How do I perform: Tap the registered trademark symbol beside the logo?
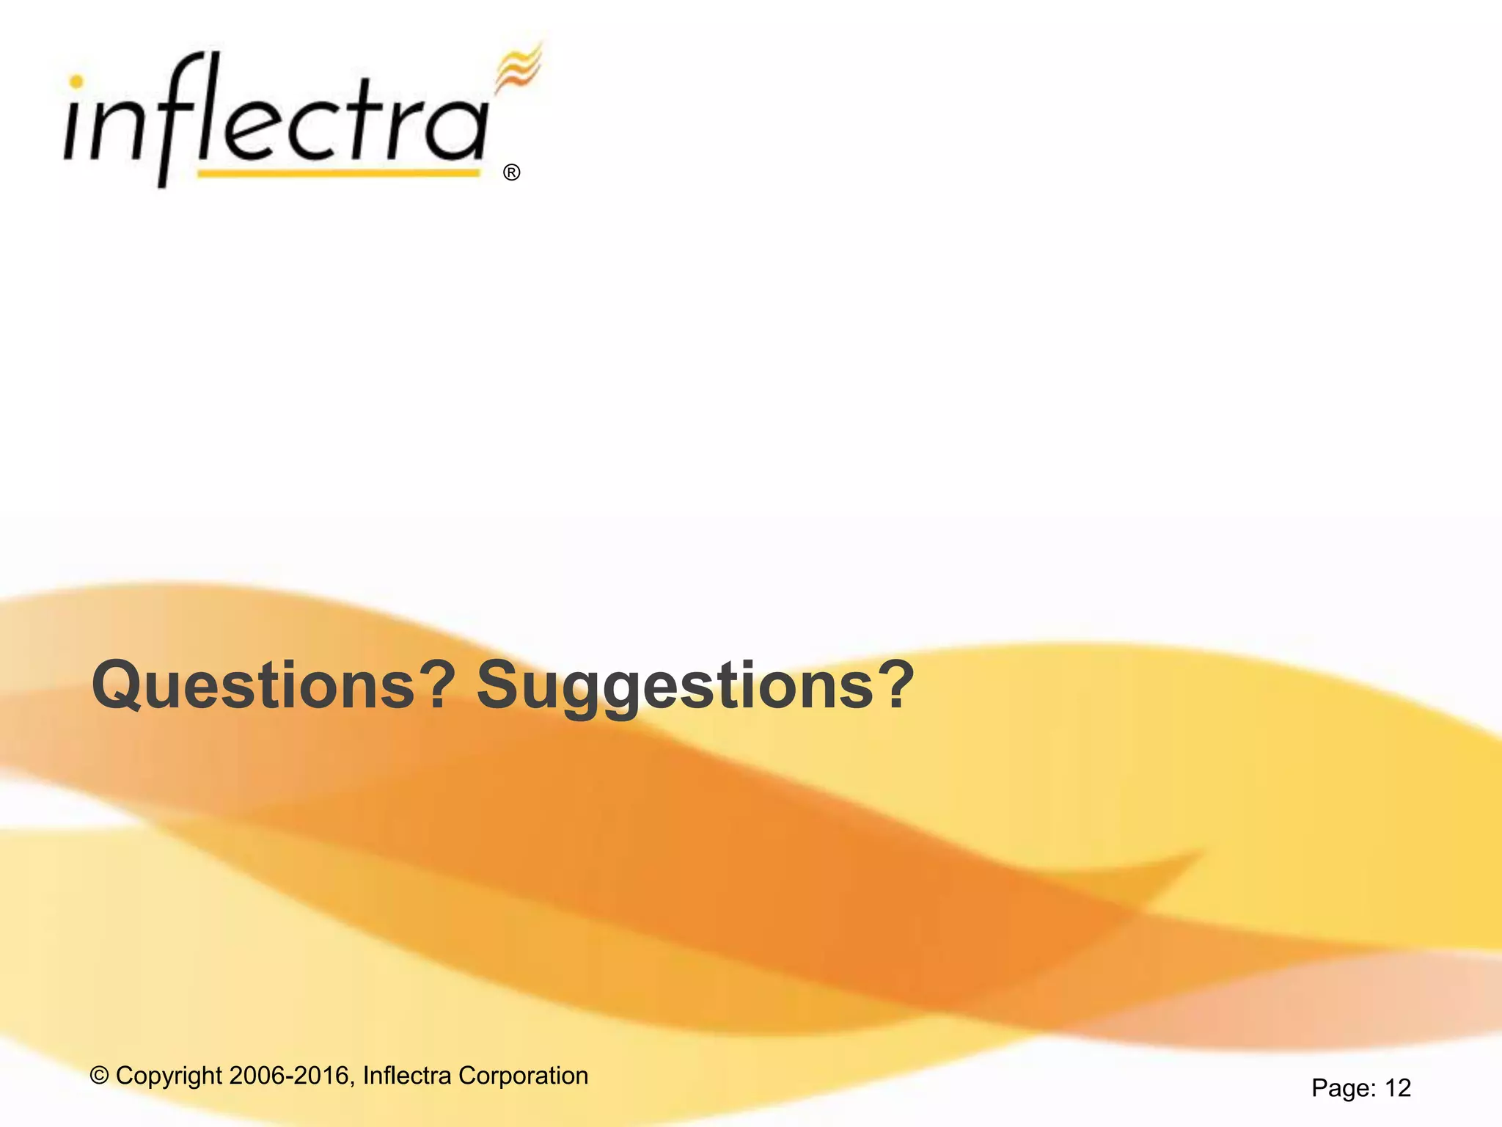[x=512, y=172]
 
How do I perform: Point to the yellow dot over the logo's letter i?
[x=76, y=82]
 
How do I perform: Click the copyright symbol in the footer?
[x=99, y=1076]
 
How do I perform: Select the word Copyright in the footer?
[x=169, y=1076]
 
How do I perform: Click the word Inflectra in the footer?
[x=407, y=1076]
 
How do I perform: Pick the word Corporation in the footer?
[x=523, y=1076]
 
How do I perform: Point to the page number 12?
[x=1398, y=1087]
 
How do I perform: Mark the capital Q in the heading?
[x=117, y=685]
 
